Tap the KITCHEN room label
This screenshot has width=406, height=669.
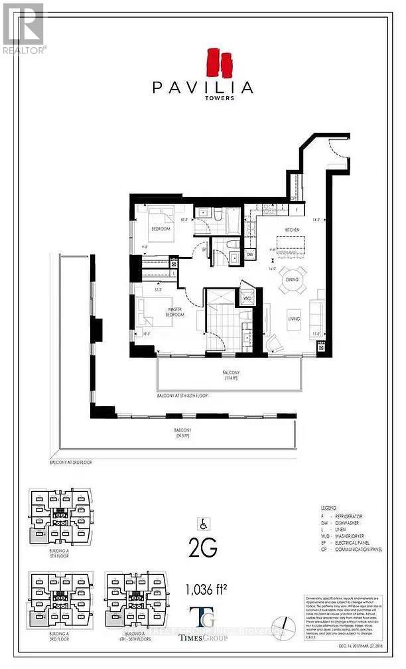pyautogui.click(x=293, y=230)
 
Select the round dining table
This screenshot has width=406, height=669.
pyautogui.click(x=293, y=278)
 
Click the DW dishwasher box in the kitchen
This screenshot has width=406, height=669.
pyautogui.click(x=249, y=255)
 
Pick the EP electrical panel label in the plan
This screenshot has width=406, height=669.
pyautogui.click(x=204, y=250)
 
